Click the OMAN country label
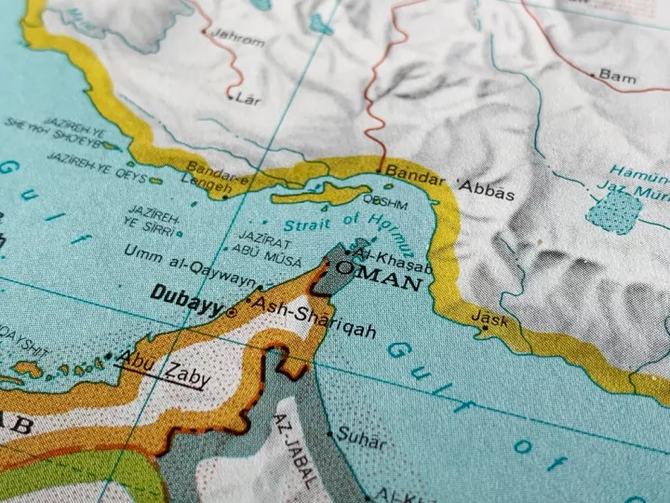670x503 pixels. [380, 272]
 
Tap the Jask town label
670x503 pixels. [490, 318]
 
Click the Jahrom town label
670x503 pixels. [237, 40]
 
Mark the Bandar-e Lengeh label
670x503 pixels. [218, 174]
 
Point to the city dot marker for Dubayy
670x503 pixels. [231, 313]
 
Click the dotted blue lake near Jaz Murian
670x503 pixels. [613, 211]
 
